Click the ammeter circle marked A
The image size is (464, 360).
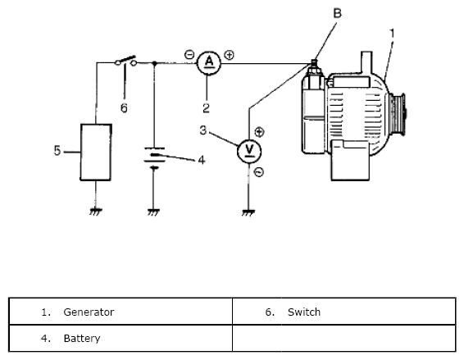(x=209, y=63)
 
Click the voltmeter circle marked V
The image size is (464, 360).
(x=249, y=151)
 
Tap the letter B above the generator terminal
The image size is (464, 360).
(x=338, y=13)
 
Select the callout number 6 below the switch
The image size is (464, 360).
(x=124, y=108)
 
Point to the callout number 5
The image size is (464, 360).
(x=57, y=151)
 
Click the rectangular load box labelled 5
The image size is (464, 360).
(x=96, y=153)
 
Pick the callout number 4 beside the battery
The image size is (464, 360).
(x=202, y=160)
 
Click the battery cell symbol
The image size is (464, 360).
(x=154, y=158)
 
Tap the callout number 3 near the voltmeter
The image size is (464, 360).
(x=203, y=130)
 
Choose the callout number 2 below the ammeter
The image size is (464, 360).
(x=207, y=108)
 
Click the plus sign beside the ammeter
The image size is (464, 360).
(x=229, y=55)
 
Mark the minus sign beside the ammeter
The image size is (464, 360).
(x=189, y=54)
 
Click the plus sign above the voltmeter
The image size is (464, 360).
(x=260, y=132)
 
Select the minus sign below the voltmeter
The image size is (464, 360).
(x=259, y=172)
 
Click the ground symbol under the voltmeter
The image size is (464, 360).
(x=248, y=213)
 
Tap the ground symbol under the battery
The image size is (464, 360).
(x=153, y=212)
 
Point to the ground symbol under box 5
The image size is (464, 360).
(x=96, y=212)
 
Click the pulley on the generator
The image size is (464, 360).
(x=398, y=114)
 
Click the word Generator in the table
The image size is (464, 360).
(x=89, y=312)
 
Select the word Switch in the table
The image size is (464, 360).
(x=304, y=312)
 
